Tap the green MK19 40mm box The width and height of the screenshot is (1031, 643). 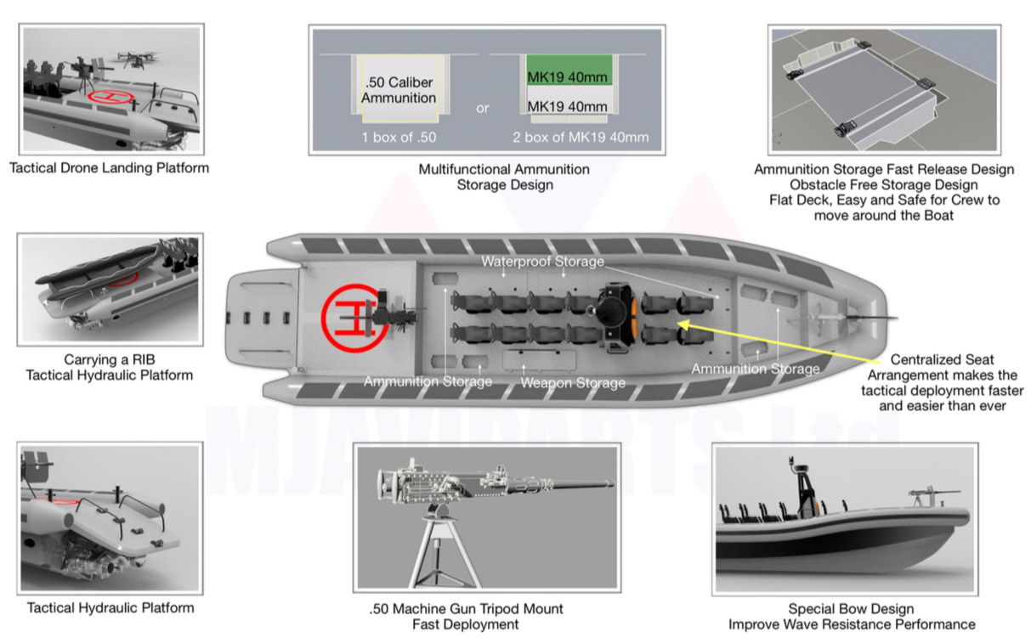coord(569,70)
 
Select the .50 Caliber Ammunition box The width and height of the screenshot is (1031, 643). coord(399,89)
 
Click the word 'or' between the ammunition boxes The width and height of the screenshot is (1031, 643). coord(483,108)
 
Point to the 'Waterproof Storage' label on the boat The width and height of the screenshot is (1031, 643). coord(542,262)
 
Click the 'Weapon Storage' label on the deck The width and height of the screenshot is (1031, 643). coord(573,383)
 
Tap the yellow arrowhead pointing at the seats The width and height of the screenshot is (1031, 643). coord(684,325)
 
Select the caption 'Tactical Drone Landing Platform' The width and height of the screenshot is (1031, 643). coord(109,168)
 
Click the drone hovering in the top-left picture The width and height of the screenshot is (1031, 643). coord(136,59)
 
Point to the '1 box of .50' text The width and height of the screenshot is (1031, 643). coord(399,137)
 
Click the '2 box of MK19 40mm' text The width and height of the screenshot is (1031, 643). coord(581,137)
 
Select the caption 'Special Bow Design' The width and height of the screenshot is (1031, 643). coord(851,608)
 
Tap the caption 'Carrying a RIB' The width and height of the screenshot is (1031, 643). coord(110,359)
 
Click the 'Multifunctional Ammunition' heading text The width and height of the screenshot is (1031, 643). coord(504,169)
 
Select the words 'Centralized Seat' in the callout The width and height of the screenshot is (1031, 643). coord(942,359)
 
